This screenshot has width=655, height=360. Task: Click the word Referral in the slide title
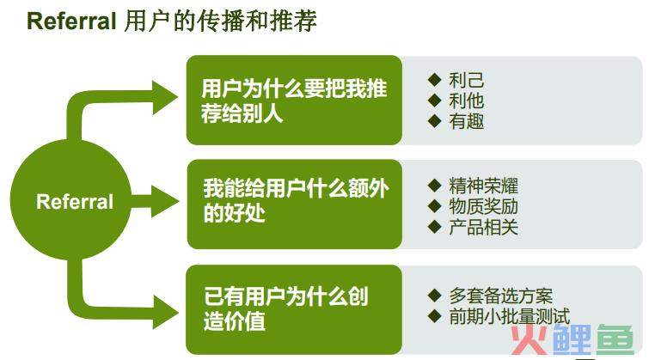click(x=71, y=21)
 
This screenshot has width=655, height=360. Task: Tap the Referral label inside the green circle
click(x=75, y=202)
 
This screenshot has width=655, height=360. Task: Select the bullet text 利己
click(x=466, y=80)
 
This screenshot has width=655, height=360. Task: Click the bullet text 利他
click(x=466, y=101)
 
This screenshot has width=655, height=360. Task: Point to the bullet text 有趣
click(x=466, y=121)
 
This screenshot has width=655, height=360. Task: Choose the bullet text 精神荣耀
click(x=483, y=186)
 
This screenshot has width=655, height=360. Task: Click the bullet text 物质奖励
click(x=483, y=206)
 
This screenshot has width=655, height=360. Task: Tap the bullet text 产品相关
click(x=483, y=227)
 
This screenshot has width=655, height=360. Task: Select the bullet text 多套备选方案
click(x=501, y=296)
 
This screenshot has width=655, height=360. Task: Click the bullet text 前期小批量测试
click(x=510, y=316)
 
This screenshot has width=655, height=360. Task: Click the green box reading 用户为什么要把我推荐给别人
click(x=294, y=101)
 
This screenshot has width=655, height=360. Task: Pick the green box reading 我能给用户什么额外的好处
click(x=295, y=204)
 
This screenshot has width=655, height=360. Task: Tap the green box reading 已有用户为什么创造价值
click(x=294, y=309)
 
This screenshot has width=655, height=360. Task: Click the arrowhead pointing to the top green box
click(x=164, y=97)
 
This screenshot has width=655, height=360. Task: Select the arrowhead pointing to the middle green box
click(x=164, y=201)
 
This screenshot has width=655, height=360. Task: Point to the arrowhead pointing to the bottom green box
click(x=165, y=312)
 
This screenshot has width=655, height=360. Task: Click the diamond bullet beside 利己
click(x=434, y=80)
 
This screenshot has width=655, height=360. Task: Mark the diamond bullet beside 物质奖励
click(x=434, y=206)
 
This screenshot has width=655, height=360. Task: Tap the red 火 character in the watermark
click(x=529, y=339)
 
